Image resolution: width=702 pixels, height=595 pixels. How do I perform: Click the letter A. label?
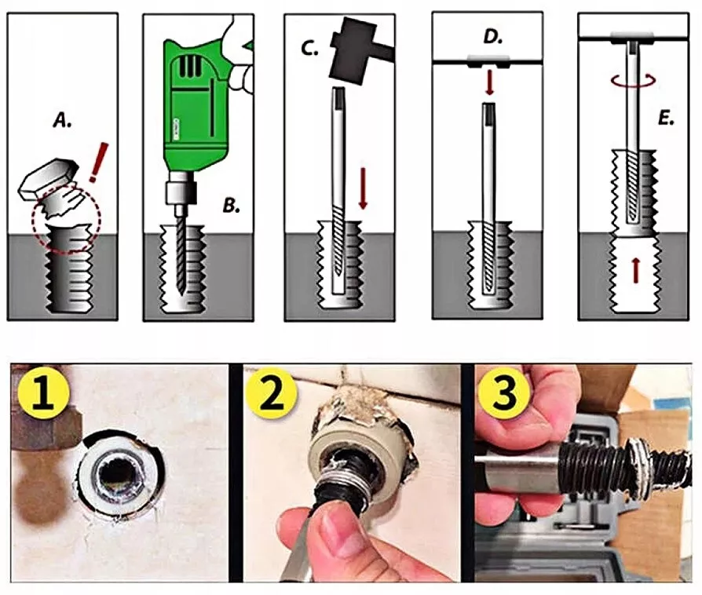point(63,120)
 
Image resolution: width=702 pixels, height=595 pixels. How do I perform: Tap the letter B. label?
point(232,206)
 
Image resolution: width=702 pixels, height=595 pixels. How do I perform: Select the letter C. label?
point(309,48)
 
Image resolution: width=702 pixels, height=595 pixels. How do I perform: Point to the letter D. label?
point(493,37)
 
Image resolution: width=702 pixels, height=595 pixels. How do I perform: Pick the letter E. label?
point(666,119)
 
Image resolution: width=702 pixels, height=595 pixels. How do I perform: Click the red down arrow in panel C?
point(363,188)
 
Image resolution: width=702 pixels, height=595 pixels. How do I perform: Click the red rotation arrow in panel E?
point(634,81)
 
